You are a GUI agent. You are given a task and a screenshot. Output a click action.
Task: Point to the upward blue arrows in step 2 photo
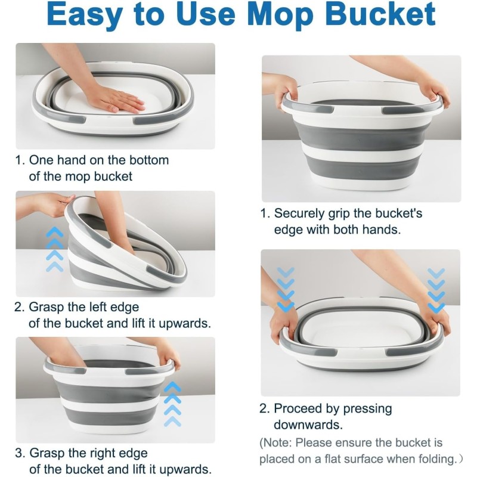(x=54, y=249)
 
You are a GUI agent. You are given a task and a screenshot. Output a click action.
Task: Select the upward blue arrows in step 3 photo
(x=172, y=404)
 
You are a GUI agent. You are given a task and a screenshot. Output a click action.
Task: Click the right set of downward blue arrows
(x=436, y=290)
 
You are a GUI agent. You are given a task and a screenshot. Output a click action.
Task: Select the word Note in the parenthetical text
(x=279, y=444)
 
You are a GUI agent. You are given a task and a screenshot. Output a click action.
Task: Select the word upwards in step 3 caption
(x=188, y=469)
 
